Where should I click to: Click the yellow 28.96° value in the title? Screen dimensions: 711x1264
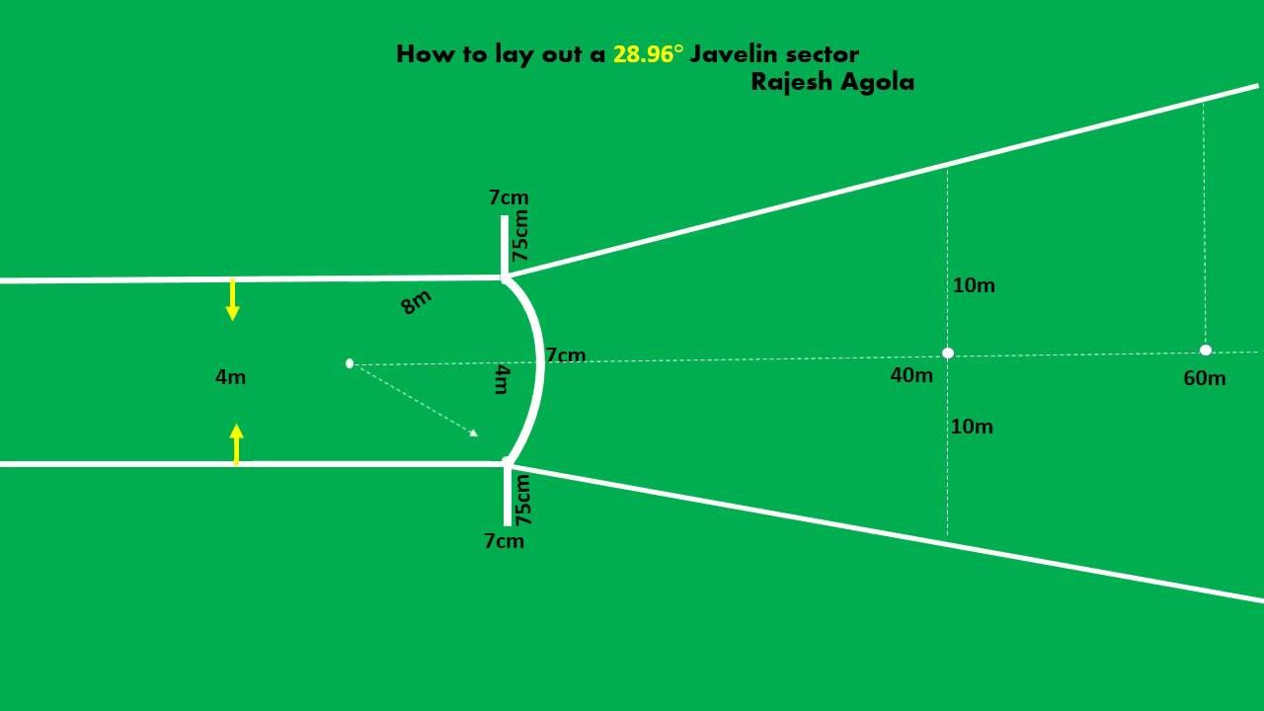coord(648,54)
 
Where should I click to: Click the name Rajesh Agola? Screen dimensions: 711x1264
coord(832,82)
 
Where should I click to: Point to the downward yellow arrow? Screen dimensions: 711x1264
coord(232,299)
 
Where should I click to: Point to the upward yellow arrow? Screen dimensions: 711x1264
coord(236,443)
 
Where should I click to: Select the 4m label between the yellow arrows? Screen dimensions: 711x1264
coord(230,376)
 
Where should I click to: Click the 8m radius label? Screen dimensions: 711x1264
coord(416,302)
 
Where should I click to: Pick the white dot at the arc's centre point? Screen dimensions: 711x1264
coord(350,363)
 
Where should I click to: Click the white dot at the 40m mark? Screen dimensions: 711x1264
coord(948,353)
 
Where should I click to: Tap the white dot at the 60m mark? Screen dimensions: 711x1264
coord(1206,350)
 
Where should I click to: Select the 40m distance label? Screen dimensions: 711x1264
coord(911,375)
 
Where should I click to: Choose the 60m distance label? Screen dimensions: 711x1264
coord(1204,378)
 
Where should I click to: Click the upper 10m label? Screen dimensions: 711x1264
coord(974,285)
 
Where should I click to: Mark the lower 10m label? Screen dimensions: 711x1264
coord(972,427)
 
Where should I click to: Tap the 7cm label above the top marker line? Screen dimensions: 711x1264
coord(509,197)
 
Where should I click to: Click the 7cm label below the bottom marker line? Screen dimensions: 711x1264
coord(504,541)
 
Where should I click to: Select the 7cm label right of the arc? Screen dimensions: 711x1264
coord(566,355)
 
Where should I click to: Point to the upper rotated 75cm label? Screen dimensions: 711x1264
coord(520,235)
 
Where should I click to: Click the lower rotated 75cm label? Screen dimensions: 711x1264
coord(523,499)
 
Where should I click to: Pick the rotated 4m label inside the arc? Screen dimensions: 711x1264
coord(502,378)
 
